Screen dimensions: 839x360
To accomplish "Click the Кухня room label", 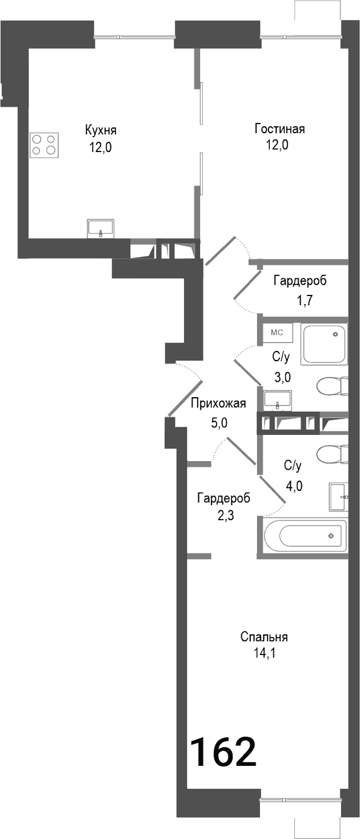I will [x=100, y=129].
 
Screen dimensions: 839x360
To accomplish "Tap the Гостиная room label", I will [x=279, y=129].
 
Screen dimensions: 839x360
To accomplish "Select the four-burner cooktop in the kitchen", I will [x=45, y=145].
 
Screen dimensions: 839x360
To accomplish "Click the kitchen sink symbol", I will [x=101, y=229].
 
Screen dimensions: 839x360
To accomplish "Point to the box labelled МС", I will [x=277, y=332].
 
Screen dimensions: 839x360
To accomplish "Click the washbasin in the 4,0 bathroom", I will [x=338, y=497].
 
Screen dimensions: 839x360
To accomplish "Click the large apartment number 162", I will [x=222, y=752].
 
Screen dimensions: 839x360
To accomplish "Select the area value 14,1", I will [x=264, y=652].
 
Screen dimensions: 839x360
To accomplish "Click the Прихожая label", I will [x=218, y=404].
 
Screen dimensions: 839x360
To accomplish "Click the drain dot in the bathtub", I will [x=330, y=536].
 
